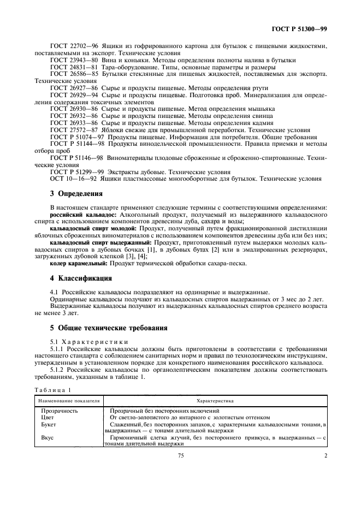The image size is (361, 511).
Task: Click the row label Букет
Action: [49, 424]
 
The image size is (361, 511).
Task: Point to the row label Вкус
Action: [48, 437]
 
